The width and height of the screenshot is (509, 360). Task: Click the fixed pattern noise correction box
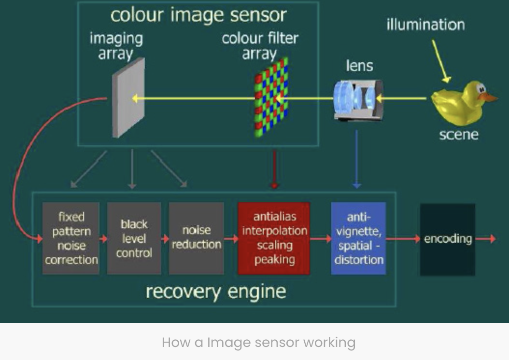coord(71,238)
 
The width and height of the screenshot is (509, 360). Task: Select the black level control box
coord(134,238)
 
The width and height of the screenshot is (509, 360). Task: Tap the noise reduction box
coord(197,238)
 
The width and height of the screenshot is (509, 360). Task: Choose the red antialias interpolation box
coord(274,238)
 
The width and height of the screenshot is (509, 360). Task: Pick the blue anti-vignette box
coord(358,238)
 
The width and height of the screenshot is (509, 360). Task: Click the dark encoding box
coord(448,239)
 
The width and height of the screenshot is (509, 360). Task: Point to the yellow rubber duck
coord(463,103)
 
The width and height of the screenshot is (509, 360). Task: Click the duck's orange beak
coord(488,97)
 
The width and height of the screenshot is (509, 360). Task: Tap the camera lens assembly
coord(358,100)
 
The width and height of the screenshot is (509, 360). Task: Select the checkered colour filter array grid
coord(271,97)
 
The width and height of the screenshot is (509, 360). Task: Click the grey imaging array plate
coord(128,98)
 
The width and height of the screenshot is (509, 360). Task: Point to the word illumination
coord(425,25)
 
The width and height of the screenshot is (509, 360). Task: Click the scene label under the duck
coord(459,135)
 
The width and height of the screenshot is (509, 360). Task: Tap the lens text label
coord(359,66)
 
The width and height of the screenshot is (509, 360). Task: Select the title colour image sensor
coord(198,15)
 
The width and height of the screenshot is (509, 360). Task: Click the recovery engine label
coord(216,292)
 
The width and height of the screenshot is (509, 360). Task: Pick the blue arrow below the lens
coord(356,159)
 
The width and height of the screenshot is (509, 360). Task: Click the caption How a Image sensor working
coord(258,343)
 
